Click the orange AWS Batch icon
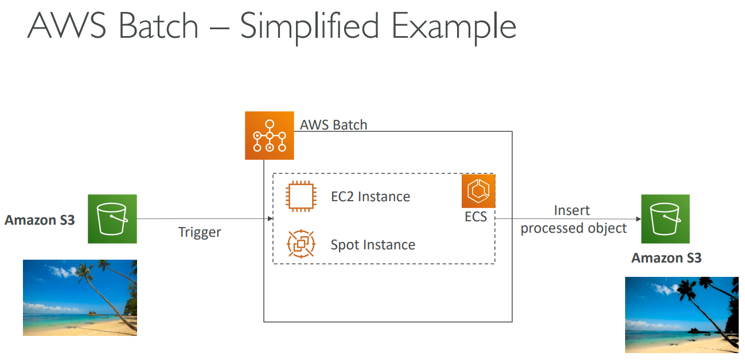coord(269,135)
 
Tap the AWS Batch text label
coord(333,124)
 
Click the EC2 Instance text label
coord(370,197)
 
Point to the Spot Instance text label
coord(373,245)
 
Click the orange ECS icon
coord(478,191)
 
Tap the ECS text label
coord(476,217)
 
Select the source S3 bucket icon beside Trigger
coord(112,218)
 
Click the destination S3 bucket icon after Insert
coord(665,219)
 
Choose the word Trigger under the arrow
coord(200,232)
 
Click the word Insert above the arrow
coord(572,210)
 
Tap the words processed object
coord(574,228)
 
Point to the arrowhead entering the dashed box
coord(270,218)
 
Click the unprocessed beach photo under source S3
coord(80,297)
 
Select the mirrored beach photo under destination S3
coord(681,315)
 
